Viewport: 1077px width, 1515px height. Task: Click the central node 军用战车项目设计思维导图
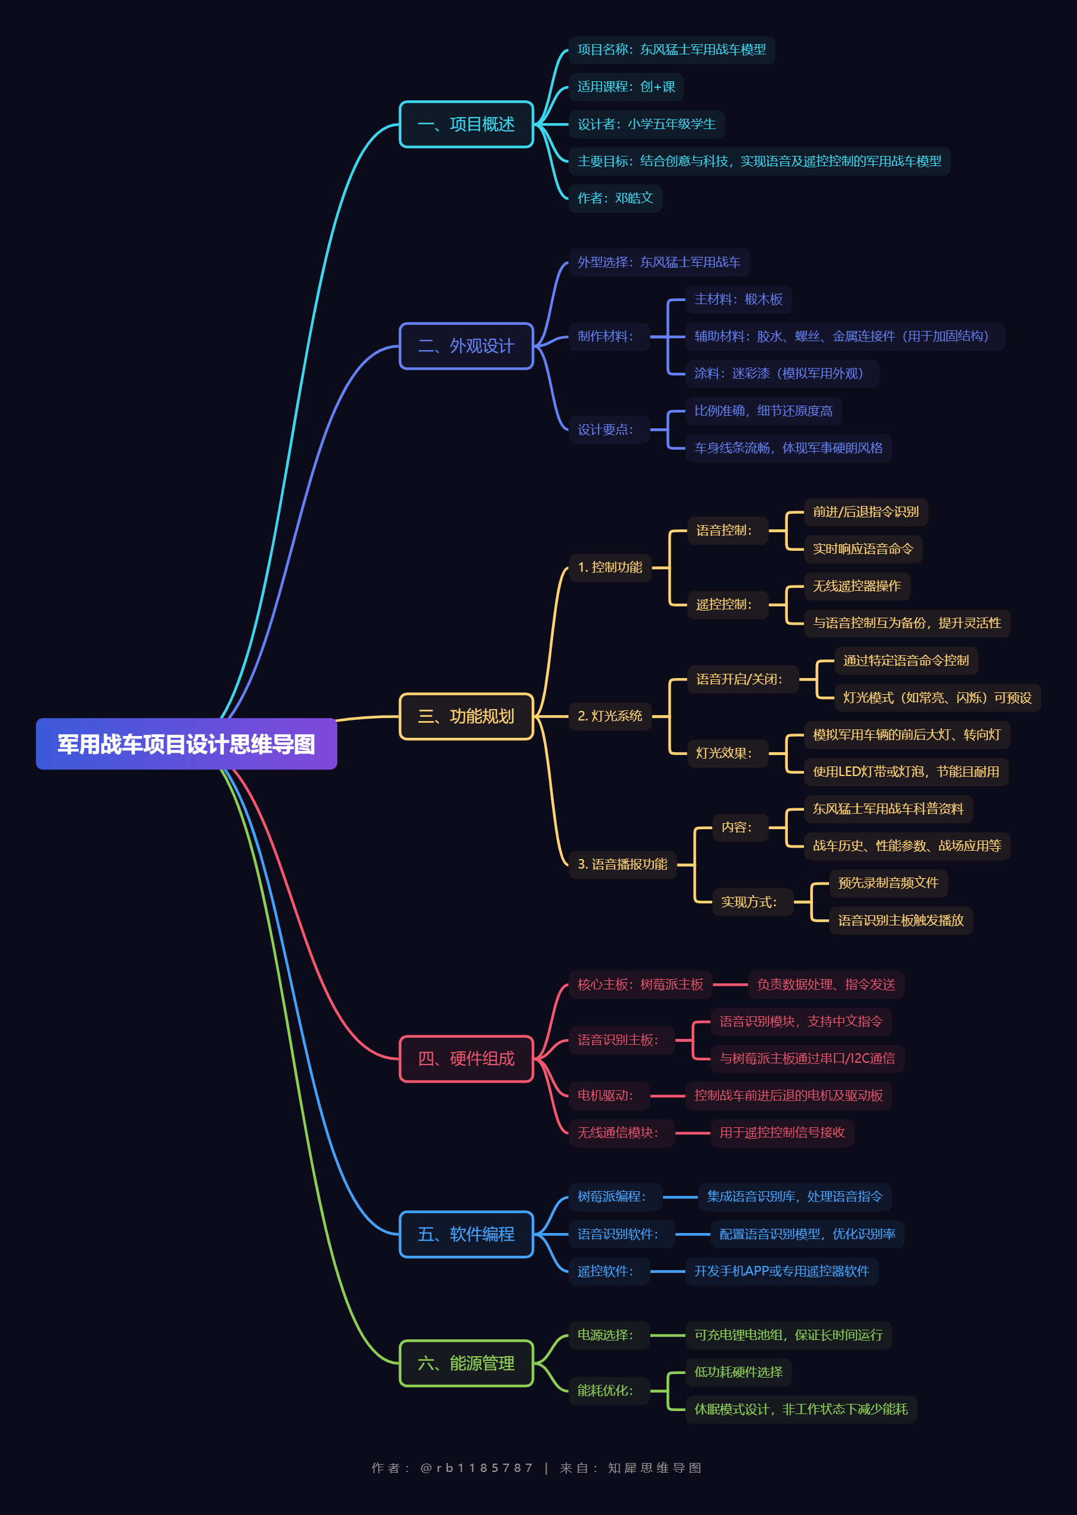point(186,744)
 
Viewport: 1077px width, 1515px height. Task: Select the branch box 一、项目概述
point(466,124)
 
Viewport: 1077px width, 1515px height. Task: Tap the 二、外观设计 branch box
point(466,345)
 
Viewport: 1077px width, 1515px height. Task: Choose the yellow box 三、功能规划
point(466,716)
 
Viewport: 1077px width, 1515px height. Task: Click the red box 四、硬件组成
point(466,1059)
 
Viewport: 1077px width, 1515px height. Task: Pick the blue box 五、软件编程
point(466,1234)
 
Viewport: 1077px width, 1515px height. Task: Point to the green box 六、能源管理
point(466,1363)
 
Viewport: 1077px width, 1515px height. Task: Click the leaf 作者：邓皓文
point(615,198)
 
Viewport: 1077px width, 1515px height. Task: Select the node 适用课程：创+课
point(626,87)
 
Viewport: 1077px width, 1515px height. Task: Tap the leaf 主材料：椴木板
point(738,299)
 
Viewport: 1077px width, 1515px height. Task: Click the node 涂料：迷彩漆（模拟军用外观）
point(782,373)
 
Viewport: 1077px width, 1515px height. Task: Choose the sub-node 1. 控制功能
point(610,567)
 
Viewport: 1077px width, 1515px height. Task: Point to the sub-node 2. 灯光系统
point(610,716)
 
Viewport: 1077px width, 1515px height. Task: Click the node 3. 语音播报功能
point(622,864)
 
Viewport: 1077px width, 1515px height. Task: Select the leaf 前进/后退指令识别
point(866,511)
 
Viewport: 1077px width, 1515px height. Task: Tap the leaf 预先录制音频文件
point(889,883)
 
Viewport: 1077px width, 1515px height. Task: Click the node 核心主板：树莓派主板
point(640,985)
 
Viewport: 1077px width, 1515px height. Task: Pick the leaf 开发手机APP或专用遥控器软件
point(782,1271)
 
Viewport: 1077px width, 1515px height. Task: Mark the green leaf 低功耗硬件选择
point(738,1372)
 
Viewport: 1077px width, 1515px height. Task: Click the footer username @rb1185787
point(476,1468)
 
